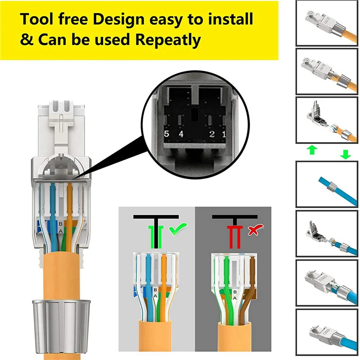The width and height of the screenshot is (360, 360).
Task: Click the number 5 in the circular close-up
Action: pyautogui.click(x=166, y=134)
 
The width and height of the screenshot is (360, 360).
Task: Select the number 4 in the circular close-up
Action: pyautogui.click(x=181, y=134)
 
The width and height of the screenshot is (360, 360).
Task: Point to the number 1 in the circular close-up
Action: pyautogui.click(x=224, y=134)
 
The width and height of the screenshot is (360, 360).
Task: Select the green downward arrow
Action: pyautogui.click(x=346, y=154)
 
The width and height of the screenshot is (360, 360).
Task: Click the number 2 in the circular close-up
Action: pyautogui.click(x=211, y=134)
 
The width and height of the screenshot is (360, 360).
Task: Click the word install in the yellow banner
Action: pyautogui.click(x=229, y=19)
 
